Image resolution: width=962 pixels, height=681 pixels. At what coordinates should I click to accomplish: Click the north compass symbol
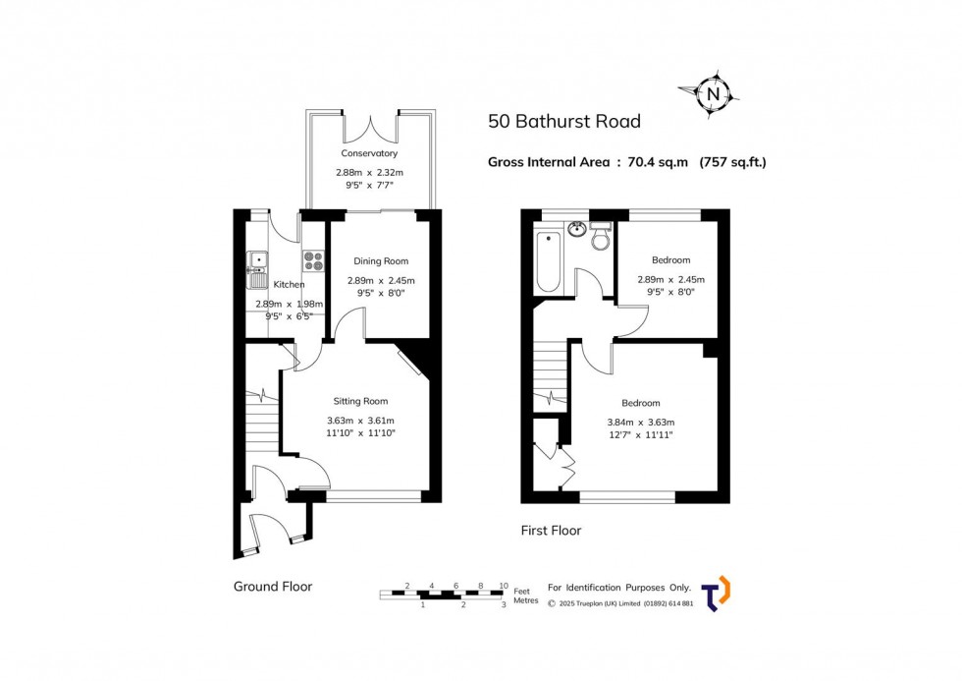pyautogui.click(x=714, y=94)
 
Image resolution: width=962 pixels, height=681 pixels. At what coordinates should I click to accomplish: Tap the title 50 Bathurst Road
pyautogui.click(x=564, y=122)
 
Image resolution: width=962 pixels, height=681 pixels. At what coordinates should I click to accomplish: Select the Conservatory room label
pyautogui.click(x=369, y=153)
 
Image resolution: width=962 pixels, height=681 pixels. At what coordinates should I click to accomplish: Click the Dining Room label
pyautogui.click(x=381, y=261)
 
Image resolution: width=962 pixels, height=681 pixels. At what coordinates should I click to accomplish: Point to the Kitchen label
pyautogui.click(x=289, y=285)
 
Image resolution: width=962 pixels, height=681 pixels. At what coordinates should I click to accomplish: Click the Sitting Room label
pyautogui.click(x=360, y=401)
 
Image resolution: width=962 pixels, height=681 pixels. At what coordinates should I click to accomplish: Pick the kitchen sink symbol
pyautogui.click(x=256, y=261)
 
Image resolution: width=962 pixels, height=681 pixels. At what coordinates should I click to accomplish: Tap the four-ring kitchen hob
pyautogui.click(x=314, y=260)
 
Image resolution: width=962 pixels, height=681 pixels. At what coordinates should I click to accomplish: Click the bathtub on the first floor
pyautogui.click(x=548, y=262)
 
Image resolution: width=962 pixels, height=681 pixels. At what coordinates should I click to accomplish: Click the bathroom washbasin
pyautogui.click(x=576, y=230)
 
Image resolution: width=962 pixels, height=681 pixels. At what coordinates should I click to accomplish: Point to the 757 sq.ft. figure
pyautogui.click(x=732, y=162)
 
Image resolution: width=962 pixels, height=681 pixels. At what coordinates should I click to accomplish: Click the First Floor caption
pyautogui.click(x=551, y=531)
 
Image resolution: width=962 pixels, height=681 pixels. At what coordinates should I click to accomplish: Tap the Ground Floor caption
pyautogui.click(x=273, y=587)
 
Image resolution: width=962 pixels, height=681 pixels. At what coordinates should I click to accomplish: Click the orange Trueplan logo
pyautogui.click(x=718, y=593)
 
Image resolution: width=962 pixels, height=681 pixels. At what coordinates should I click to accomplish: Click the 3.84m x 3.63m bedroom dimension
pyautogui.click(x=640, y=423)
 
